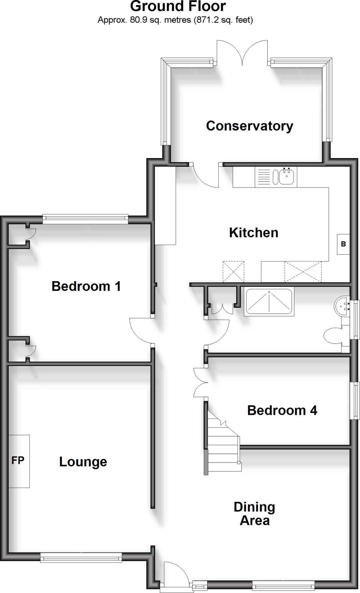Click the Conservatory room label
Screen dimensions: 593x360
249,126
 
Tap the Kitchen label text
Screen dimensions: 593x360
254,233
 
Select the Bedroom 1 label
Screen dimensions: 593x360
86,286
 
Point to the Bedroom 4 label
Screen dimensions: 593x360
282,410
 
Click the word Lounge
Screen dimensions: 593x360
83,462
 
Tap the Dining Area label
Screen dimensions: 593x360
254,514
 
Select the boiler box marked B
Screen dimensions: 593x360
343,244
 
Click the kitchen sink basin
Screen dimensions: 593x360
286,177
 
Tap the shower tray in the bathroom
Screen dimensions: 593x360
269,301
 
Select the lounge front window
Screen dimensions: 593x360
81,557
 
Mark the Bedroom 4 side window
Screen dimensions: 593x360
355,401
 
